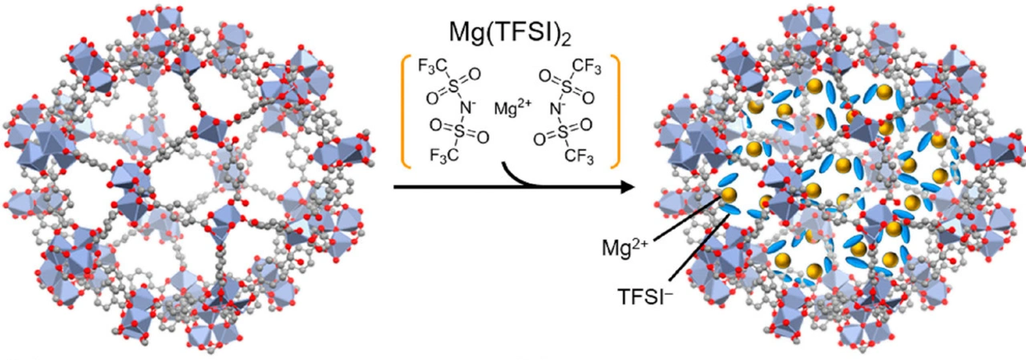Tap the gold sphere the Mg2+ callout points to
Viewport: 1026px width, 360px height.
tap(729, 196)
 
